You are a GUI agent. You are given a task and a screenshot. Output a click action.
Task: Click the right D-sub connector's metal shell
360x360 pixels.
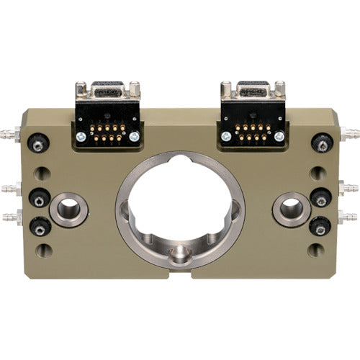click(252, 91)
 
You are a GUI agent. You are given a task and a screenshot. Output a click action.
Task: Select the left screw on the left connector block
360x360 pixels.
click(81, 136)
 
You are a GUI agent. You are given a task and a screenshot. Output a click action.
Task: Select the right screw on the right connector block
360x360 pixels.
click(279, 136)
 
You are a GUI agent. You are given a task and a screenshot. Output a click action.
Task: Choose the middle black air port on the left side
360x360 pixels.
click(38, 197)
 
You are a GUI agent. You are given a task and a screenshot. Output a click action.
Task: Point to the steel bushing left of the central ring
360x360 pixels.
click(69, 209)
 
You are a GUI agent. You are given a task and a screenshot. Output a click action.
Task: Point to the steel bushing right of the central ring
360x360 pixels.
click(291, 210)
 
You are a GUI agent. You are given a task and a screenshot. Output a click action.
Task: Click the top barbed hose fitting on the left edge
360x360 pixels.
click(9, 135)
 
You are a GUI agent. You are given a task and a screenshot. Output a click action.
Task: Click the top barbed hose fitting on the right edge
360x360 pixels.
click(350, 134)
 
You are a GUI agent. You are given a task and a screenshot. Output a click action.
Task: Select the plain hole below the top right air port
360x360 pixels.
click(317, 174)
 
